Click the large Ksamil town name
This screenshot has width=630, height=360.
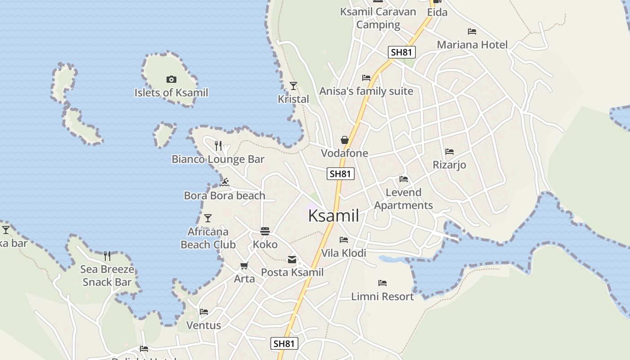pos(333,216)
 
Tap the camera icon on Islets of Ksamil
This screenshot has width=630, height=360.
pos(171,80)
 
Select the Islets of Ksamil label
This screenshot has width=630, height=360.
pos(171,93)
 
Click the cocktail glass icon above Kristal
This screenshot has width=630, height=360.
pos(293,86)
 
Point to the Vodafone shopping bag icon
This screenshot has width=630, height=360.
pos(345,140)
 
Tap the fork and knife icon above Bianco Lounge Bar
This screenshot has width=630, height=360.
pos(218,145)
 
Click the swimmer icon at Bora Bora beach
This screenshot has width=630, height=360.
pos(225,182)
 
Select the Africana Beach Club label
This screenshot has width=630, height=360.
pos(208,238)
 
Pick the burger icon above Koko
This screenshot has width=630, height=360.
pos(265,231)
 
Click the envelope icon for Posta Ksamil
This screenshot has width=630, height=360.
pos(292,259)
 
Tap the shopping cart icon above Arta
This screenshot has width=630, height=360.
pos(244,266)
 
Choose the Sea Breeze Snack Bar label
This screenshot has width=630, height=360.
pos(107,276)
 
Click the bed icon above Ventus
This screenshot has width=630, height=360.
pos(204,312)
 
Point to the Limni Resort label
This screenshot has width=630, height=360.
pos(382,297)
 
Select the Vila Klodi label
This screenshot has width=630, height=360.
pos(344,253)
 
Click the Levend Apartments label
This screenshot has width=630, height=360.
pos(404,199)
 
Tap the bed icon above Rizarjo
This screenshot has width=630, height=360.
pos(449,152)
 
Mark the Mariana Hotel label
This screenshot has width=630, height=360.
pos(472,45)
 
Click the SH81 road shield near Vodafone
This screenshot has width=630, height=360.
pos(341,174)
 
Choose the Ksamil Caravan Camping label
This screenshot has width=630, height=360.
pos(378,18)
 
